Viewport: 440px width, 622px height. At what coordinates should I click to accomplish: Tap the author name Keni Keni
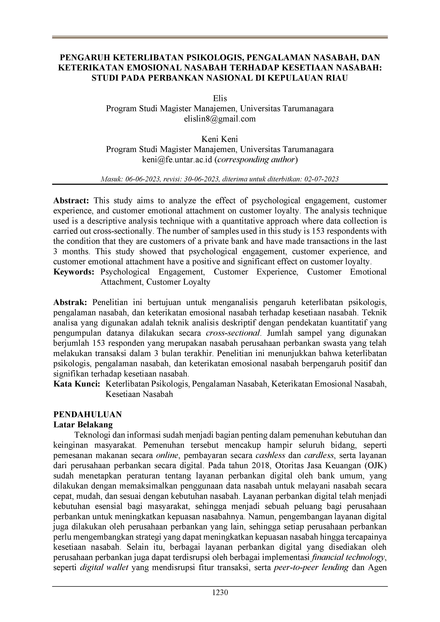pyautogui.click(x=220, y=139)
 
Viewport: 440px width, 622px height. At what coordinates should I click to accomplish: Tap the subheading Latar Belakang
pyautogui.click(x=83, y=424)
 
